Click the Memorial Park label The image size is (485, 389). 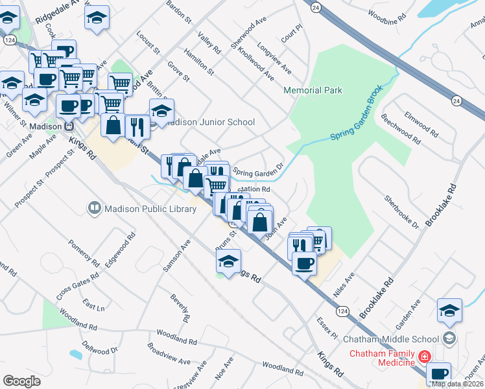[x=313, y=91]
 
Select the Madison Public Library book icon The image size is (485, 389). [x=95, y=208]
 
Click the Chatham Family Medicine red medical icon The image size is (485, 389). [x=424, y=357]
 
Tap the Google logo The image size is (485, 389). [x=21, y=381]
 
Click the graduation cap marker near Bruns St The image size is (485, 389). [x=228, y=261]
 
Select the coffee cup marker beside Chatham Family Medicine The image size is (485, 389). [x=439, y=373]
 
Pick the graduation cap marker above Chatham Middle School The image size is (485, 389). [x=449, y=311]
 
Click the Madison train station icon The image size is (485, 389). [x=67, y=126]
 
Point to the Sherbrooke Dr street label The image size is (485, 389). [x=401, y=212]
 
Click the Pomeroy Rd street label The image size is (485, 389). [x=82, y=253]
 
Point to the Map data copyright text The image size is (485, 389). [x=456, y=384]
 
